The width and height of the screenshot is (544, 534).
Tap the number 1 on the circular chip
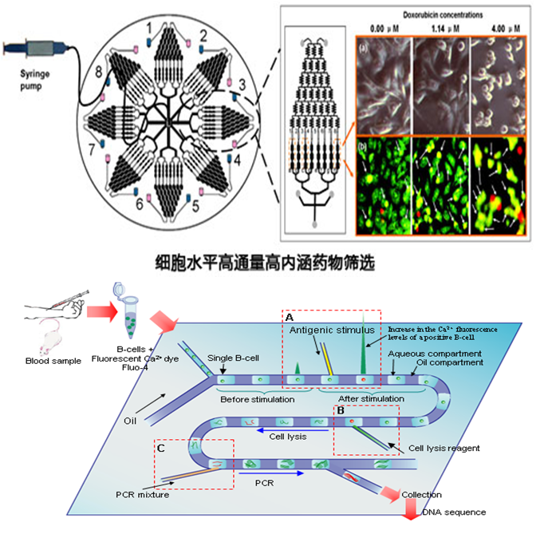pyautogui.click(x=148, y=29)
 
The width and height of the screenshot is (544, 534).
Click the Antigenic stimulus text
pyautogui.click(x=321, y=330)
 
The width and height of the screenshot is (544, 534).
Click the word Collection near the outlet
pyautogui.click(x=421, y=495)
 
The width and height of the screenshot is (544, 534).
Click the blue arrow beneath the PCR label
pyautogui.click(x=281, y=472)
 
